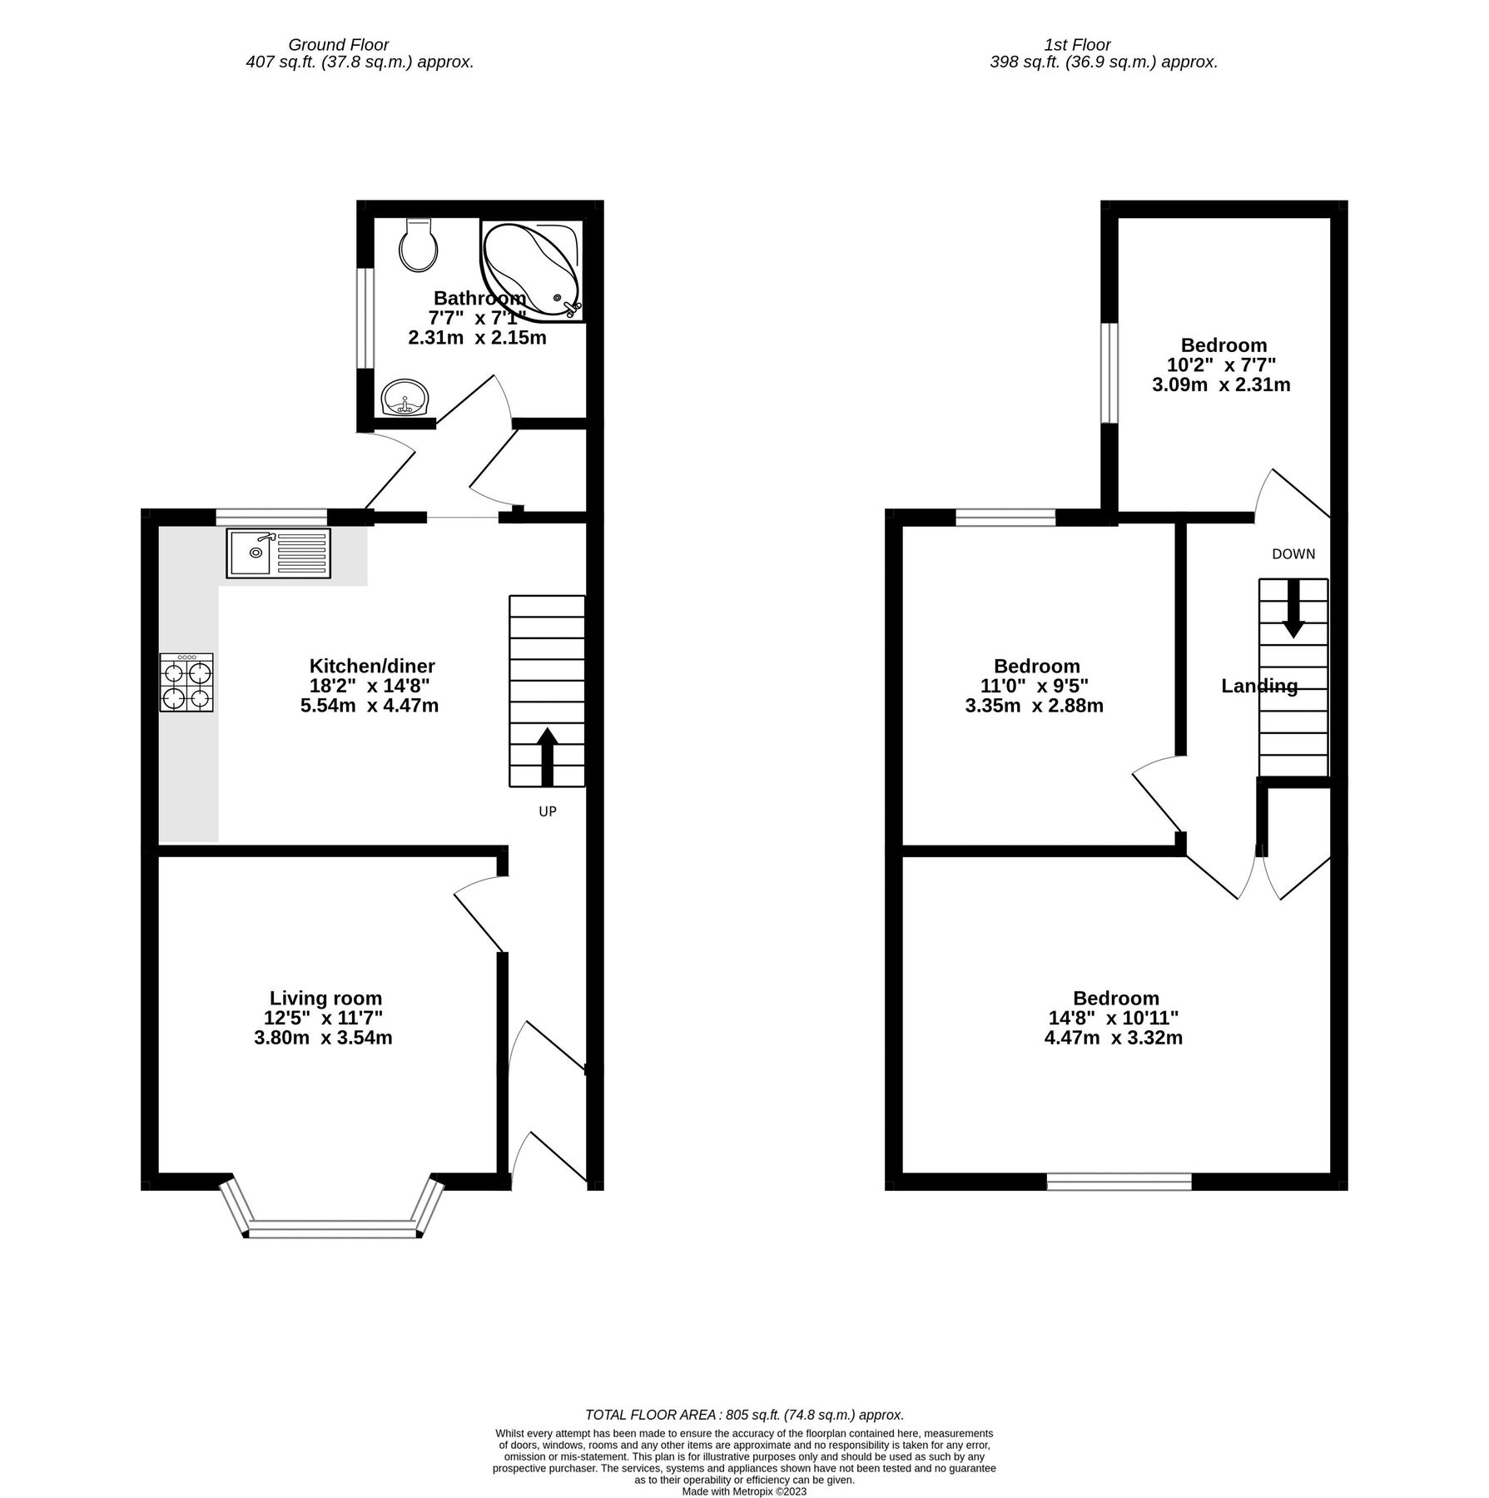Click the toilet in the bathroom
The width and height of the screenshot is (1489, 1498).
418,246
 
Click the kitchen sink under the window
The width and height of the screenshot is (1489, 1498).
278,553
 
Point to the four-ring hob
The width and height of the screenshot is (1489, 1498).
186,682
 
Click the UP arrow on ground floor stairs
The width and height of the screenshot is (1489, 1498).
547,756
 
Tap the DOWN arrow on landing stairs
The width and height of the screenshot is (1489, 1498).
1293,608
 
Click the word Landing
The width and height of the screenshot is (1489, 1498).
1258,686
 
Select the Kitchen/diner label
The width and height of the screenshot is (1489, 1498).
372,666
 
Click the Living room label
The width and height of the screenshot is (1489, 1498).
325,998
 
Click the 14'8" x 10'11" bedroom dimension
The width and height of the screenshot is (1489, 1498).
1115,1018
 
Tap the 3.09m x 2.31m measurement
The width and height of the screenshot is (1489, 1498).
1221,384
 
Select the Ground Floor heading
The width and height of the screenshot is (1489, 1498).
338,45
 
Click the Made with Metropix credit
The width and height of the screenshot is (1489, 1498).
744,1491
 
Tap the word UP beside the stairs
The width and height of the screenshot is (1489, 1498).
547,811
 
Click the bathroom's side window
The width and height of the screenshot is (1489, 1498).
365,317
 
